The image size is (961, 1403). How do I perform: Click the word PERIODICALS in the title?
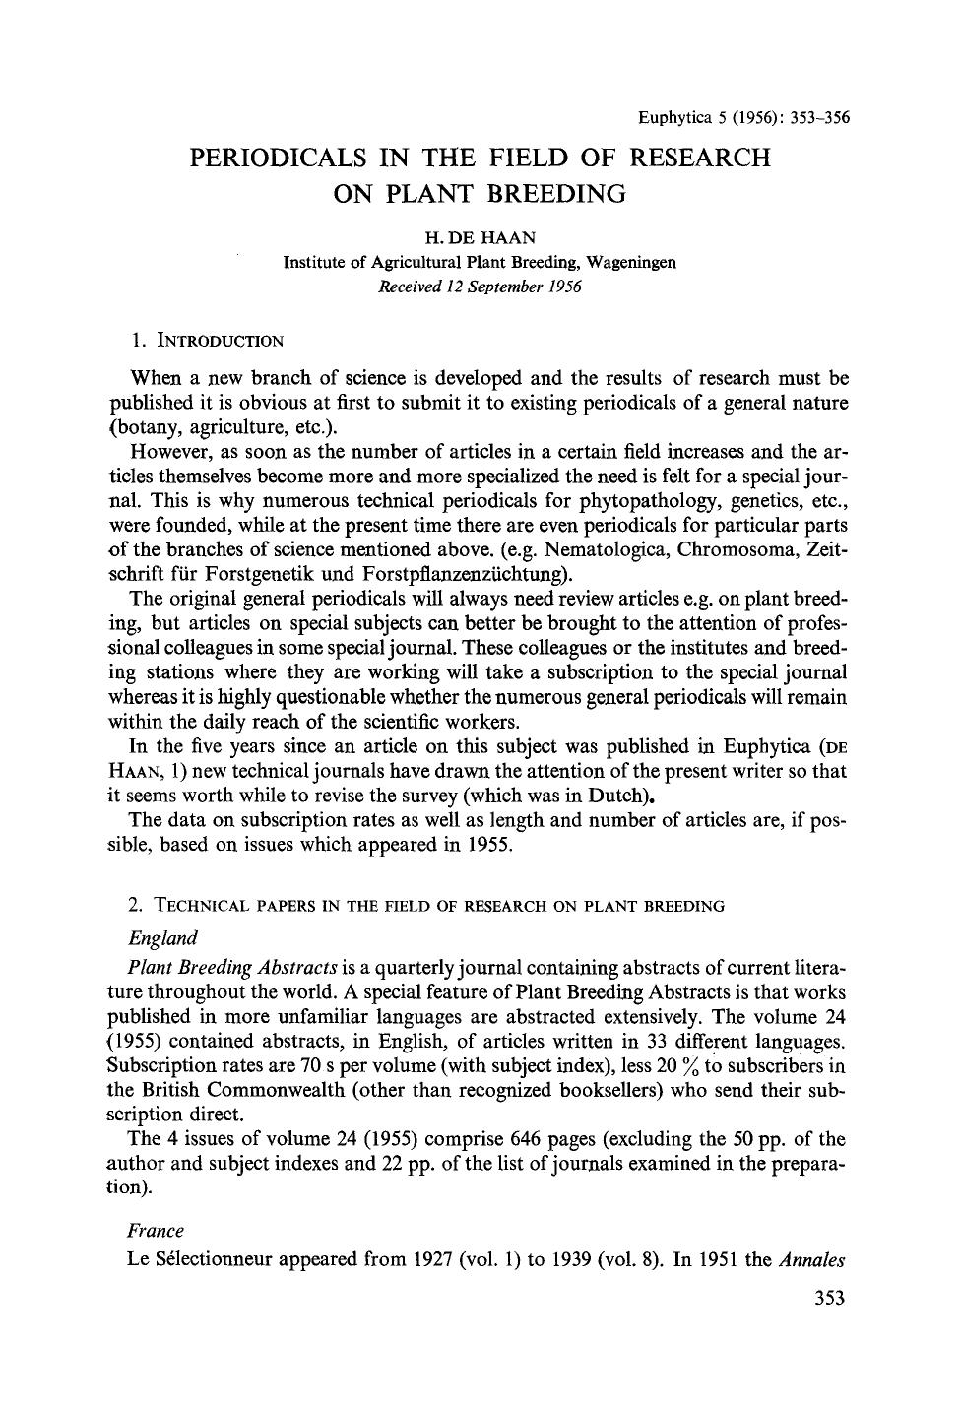pyautogui.click(x=277, y=158)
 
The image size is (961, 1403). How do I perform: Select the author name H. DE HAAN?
pyautogui.click(x=480, y=238)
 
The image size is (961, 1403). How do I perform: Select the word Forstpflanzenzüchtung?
pyautogui.click(x=463, y=573)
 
